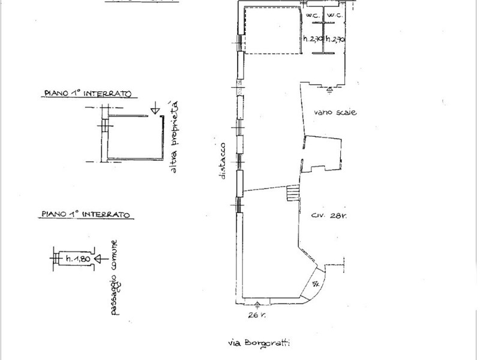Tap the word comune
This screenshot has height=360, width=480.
point(113,252)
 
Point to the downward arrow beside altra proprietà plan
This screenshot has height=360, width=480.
point(155,109)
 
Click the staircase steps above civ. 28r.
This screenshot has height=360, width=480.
point(292,194)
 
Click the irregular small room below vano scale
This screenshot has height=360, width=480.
point(324,154)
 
